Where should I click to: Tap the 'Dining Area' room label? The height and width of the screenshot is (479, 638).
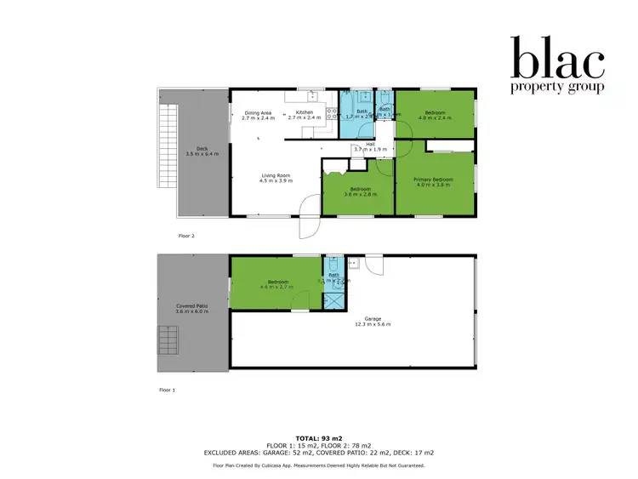[x=258, y=112]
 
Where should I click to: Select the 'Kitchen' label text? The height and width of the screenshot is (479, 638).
[x=305, y=112]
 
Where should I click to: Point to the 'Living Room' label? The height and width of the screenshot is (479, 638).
[x=275, y=175]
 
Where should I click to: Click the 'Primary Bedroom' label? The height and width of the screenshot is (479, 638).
[x=433, y=180]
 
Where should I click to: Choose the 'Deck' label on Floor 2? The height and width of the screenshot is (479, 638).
[x=202, y=148]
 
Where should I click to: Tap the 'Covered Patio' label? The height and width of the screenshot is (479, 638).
[x=191, y=306]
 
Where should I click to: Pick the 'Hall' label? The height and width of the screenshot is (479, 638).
[x=370, y=144]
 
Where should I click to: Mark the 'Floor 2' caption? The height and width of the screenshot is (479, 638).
[x=187, y=236]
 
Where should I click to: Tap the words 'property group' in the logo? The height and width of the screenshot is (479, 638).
[x=557, y=87]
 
